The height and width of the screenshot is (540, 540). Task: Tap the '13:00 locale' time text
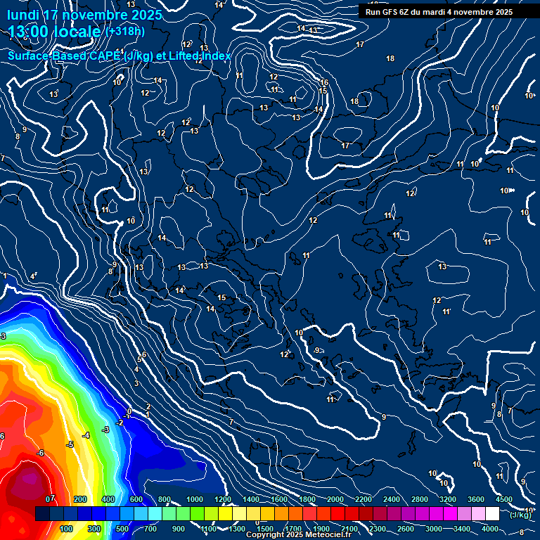tap(55, 32)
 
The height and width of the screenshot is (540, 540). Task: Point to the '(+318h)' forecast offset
tap(124, 32)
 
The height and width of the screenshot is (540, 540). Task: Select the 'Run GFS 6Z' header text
tap(391, 11)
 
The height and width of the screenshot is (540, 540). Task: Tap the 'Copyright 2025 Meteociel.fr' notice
tap(297, 535)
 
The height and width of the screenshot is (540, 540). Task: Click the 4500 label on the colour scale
tap(503, 499)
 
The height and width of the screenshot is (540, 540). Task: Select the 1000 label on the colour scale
tap(194, 499)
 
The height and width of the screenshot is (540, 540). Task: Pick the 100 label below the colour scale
tap(67, 529)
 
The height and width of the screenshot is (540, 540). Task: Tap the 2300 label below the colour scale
tap(377, 529)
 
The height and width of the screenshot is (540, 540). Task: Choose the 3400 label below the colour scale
tap(461, 529)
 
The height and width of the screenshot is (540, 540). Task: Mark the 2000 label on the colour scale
tap(335, 499)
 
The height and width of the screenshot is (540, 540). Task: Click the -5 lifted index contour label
tap(70, 445)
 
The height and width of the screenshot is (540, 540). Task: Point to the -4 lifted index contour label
tap(86, 436)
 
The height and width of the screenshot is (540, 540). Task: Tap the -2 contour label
tap(120, 423)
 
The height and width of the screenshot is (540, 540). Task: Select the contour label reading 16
tap(324, 83)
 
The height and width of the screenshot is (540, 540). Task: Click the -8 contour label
tap(520, 532)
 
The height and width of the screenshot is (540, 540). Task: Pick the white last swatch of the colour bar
tap(492, 514)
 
